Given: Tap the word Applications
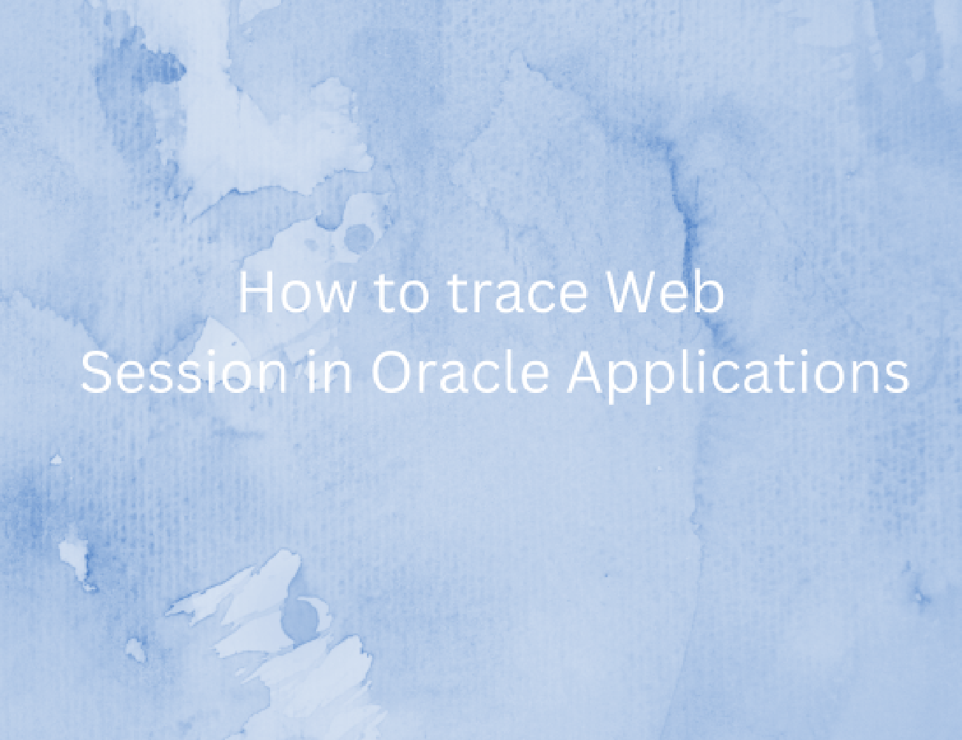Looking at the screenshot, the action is [x=738, y=376].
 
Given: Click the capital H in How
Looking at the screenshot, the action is [x=255, y=292].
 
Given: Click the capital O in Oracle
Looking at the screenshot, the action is [x=392, y=371].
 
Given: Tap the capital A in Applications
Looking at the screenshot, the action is [x=587, y=371].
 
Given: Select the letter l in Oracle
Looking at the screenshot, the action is [x=511, y=371].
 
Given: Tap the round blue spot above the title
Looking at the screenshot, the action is [x=358, y=238].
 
